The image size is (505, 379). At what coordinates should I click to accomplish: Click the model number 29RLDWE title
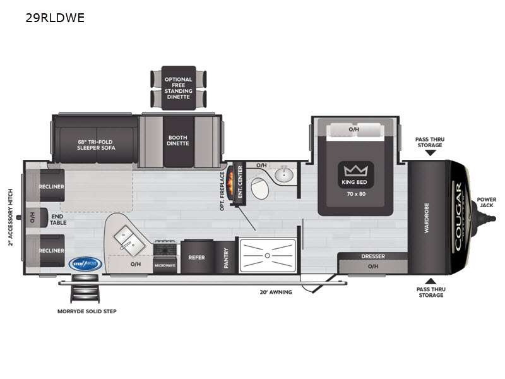pyautogui.click(x=54, y=18)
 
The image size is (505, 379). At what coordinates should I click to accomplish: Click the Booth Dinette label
pyautogui.click(x=177, y=140)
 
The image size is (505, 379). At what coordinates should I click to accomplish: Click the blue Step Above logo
pyautogui.click(x=85, y=263)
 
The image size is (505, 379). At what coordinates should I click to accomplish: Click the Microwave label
pyautogui.click(x=164, y=266)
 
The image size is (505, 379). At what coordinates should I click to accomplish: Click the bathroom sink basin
pyautogui.click(x=285, y=174)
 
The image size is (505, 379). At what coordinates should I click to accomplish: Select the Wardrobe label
pyautogui.click(x=427, y=218)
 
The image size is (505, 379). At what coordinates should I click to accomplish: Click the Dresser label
pyautogui.click(x=373, y=256)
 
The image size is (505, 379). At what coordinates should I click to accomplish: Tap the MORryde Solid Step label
pyautogui.click(x=86, y=311)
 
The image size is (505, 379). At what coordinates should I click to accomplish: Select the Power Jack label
pyautogui.click(x=486, y=203)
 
